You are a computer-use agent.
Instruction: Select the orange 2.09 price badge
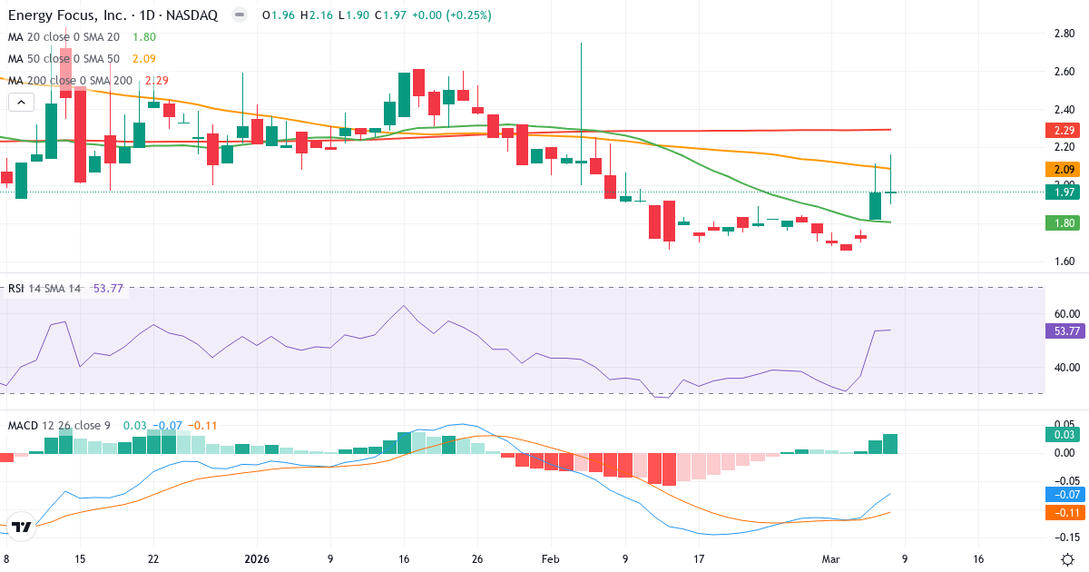1064,169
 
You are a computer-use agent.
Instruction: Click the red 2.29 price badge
1064,130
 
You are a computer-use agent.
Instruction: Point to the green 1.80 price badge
1064,222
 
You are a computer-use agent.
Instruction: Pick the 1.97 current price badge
1064,192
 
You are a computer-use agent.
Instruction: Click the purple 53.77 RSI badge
1064,331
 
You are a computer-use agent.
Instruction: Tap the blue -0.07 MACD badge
1064,495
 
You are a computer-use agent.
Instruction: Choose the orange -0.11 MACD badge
1064,512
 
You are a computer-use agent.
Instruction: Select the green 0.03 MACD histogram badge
1064,435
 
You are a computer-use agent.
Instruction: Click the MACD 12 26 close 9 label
60,425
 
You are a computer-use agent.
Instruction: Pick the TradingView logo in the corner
22,527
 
